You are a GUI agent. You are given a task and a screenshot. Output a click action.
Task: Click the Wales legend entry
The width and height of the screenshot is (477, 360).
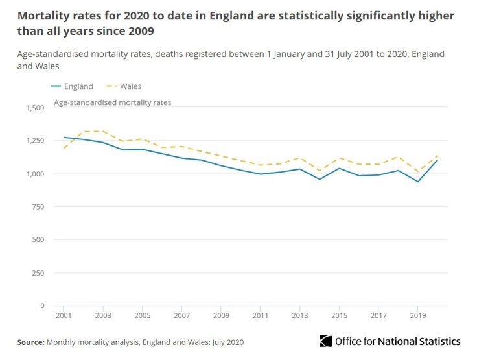(130, 86)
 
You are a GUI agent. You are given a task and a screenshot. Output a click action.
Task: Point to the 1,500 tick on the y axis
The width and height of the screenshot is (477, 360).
(34, 108)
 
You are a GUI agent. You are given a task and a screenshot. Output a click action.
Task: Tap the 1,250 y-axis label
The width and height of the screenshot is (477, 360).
(34, 141)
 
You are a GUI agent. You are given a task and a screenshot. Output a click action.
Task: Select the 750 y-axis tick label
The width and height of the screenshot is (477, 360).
(38, 207)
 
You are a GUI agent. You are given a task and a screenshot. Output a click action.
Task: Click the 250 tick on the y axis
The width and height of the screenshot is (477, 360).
(38, 273)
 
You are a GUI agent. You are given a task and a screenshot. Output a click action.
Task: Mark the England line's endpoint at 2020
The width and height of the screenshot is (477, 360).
(437, 160)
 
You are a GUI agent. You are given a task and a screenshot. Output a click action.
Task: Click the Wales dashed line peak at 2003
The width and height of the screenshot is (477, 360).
(103, 131)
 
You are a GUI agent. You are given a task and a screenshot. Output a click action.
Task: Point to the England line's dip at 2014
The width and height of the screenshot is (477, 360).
(320, 179)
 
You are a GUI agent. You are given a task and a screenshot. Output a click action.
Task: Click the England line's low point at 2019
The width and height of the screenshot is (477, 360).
(418, 182)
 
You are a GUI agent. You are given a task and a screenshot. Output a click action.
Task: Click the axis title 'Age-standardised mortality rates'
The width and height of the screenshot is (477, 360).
(112, 102)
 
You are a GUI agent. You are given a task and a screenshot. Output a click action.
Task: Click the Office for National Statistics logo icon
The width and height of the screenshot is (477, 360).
(326, 341)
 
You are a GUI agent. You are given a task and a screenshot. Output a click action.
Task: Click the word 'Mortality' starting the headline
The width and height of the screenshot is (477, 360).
(43, 15)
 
